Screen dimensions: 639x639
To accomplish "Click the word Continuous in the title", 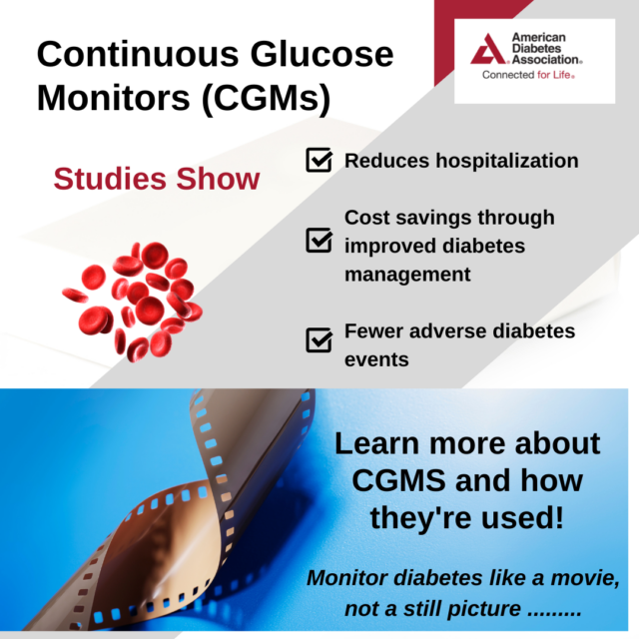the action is pos(138,54).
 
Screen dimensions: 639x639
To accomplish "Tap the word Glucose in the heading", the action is pos(321,54).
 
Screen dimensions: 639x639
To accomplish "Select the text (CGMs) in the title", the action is pos(266,99).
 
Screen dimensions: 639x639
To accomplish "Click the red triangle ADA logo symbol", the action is pos(489,49).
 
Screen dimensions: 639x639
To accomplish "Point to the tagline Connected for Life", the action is pos(528,75).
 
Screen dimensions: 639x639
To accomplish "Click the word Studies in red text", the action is pos(110,179).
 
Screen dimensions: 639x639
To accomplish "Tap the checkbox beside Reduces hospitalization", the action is pos(319,160).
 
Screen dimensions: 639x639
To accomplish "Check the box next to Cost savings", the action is pos(319,240).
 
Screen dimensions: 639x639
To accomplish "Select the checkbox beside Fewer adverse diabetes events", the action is pos(319,339).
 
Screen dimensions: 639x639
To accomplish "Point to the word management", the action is pos(407,275).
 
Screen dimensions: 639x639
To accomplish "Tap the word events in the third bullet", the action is pos(376,359).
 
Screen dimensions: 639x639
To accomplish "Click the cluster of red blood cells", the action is pos(133,302).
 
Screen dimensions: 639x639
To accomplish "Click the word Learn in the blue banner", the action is pos(377,443).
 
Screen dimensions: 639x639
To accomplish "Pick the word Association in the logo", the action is pos(546,60).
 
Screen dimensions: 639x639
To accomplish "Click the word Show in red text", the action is pos(218,179).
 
